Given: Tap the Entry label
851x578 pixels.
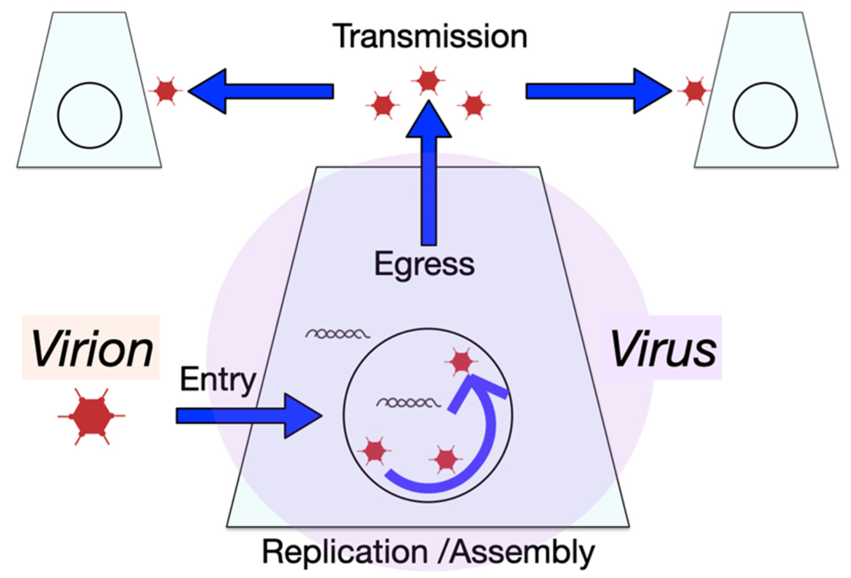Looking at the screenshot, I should click(218, 380).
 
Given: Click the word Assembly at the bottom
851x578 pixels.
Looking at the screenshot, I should click(522, 553).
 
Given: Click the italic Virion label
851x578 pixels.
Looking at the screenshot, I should click(92, 348).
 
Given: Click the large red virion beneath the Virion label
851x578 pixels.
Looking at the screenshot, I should click(91, 416).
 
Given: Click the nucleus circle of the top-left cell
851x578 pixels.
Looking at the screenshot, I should click(90, 115).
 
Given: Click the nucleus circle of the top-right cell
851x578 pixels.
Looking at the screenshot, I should click(765, 115).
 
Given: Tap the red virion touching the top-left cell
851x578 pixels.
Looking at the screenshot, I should click(165, 91).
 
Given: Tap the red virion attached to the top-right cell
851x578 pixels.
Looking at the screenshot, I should click(695, 91).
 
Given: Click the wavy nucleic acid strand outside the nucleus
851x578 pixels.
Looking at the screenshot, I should click(337, 334).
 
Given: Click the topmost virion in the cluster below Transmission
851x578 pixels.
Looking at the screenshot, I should click(428, 80).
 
